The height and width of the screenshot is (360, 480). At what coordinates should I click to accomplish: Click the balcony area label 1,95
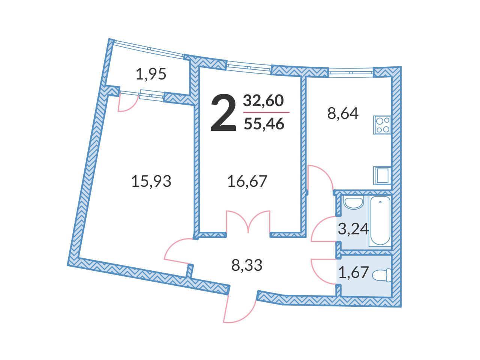(151, 74)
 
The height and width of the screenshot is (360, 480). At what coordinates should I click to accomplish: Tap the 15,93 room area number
(151, 181)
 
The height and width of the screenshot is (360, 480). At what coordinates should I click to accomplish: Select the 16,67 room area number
(247, 181)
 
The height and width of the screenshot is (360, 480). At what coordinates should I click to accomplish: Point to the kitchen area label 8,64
(343, 113)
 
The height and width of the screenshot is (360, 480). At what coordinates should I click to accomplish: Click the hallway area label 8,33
(247, 265)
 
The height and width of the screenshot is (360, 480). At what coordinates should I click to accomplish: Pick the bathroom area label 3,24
(353, 229)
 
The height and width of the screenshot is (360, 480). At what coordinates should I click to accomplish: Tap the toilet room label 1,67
(353, 272)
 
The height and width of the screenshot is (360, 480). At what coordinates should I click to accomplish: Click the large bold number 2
(223, 113)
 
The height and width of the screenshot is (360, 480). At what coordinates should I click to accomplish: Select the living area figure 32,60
(263, 100)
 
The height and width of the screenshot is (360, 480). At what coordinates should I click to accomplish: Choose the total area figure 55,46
(264, 124)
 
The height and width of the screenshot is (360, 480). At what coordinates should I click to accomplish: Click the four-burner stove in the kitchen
(382, 125)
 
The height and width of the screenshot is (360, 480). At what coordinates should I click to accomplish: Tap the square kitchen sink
(382, 176)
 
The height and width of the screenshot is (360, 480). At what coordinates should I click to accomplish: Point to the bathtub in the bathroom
(380, 221)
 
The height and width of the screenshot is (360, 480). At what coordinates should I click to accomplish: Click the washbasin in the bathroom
(353, 202)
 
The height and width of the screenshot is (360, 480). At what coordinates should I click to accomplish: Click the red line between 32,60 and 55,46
(266, 112)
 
